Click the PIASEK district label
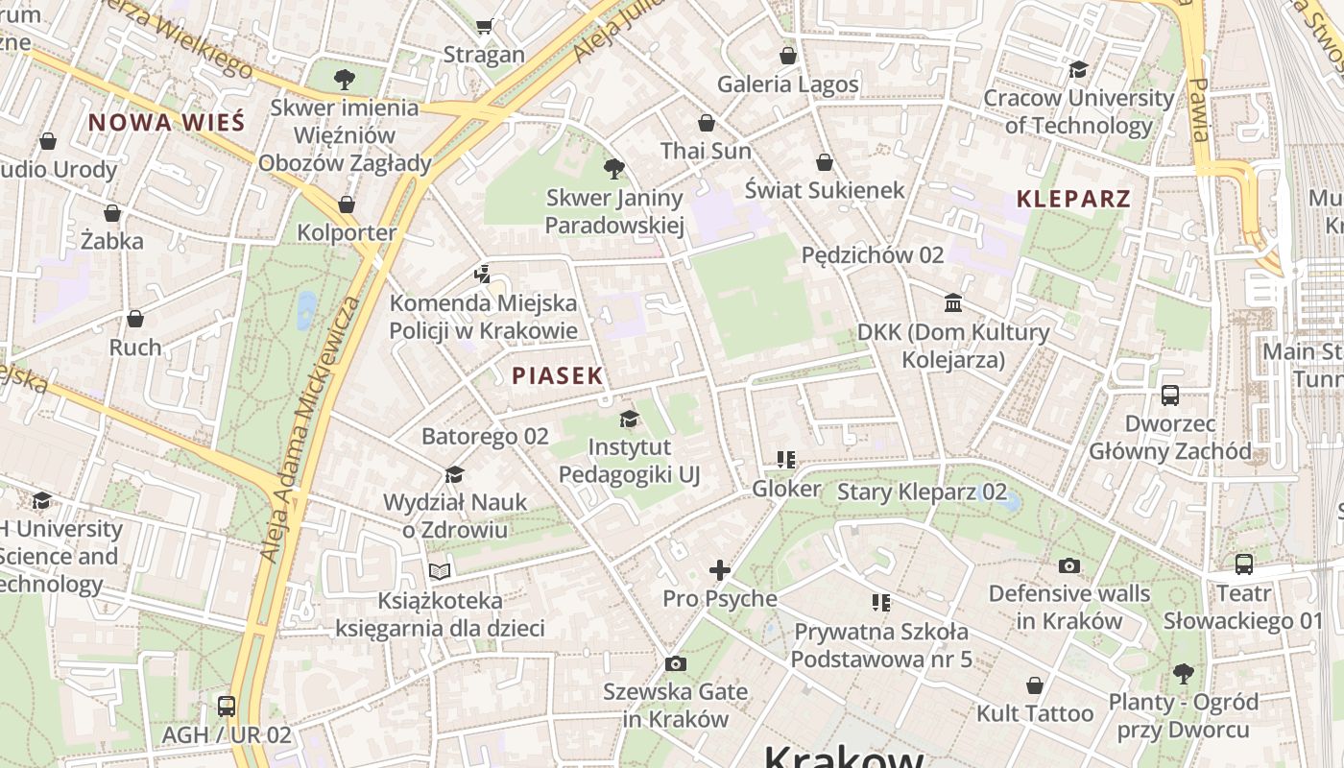click(557, 375)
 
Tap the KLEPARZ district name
click(1073, 200)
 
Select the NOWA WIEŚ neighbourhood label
click(167, 122)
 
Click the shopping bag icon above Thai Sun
click(707, 123)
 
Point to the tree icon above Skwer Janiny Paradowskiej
click(614, 170)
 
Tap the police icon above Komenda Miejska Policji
click(483, 275)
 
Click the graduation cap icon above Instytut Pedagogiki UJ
click(629, 419)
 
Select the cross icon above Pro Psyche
click(719, 570)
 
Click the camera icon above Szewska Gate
click(676, 663)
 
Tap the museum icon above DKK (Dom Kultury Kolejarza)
click(953, 303)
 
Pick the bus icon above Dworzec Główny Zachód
click(1170, 395)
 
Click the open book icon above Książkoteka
click(440, 572)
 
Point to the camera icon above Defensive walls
click(1069, 565)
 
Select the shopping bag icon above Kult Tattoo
click(1035, 685)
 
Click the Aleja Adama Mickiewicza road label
click(309, 429)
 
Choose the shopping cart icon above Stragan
click(485, 26)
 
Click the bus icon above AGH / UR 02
click(227, 707)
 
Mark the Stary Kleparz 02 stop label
click(922, 492)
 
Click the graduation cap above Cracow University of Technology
click(1079, 69)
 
